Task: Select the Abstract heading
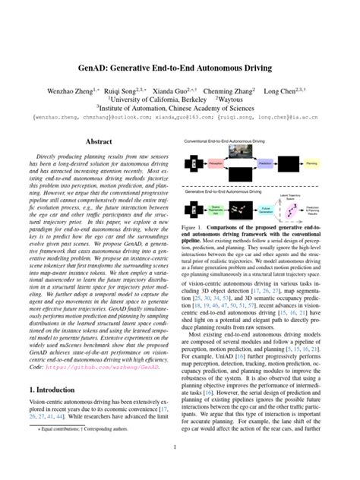(98, 141)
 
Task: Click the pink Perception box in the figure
(216, 163)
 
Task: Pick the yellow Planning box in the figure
(312, 163)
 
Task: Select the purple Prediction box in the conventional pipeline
(265, 163)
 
